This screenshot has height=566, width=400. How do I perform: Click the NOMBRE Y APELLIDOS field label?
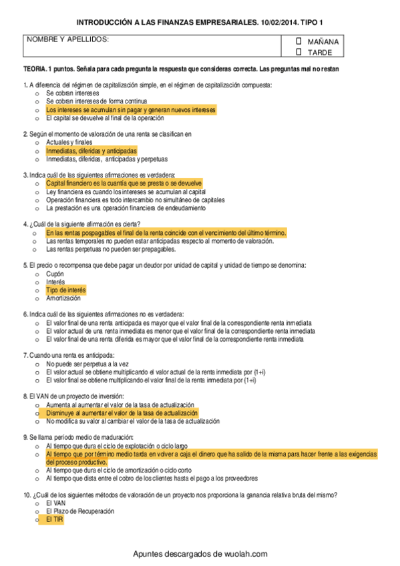67,40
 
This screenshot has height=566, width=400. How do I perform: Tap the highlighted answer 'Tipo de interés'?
66,290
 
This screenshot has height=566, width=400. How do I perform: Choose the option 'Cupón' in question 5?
55,274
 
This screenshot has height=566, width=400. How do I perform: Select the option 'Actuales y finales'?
69,142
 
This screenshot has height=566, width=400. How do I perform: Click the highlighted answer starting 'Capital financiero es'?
124,183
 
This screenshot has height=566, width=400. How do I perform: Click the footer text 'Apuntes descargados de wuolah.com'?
200,554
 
